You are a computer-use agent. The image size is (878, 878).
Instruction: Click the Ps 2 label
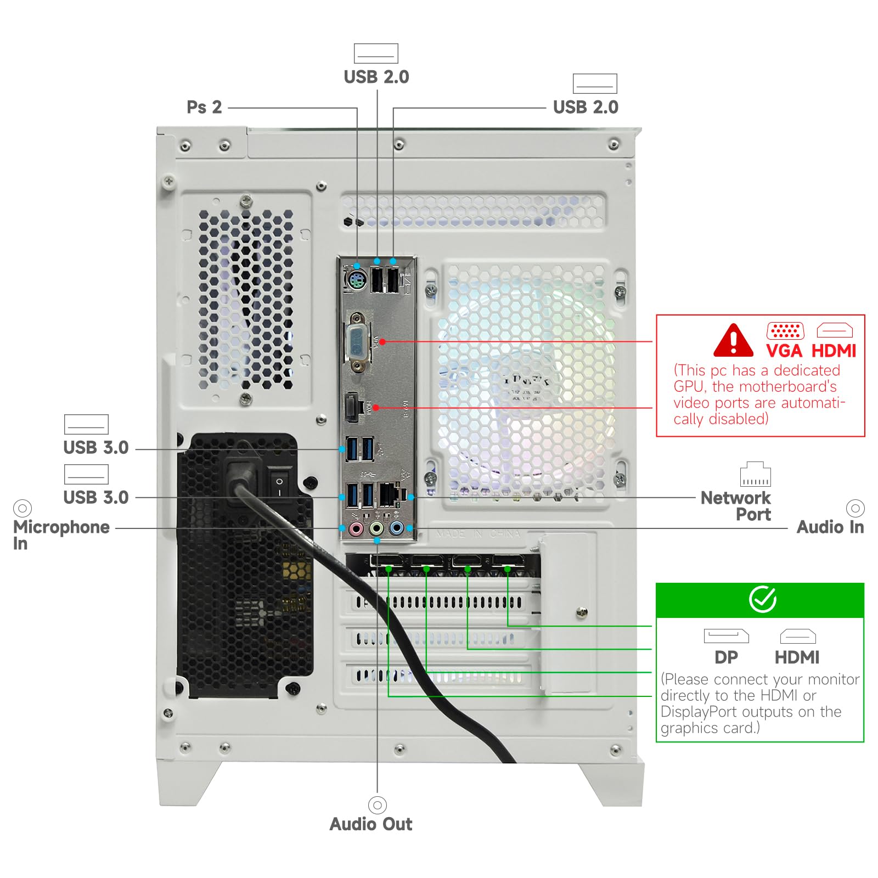(x=204, y=107)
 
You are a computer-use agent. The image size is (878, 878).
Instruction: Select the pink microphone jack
(x=356, y=529)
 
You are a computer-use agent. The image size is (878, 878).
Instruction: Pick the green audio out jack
(x=376, y=529)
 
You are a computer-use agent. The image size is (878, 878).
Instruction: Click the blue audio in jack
(x=396, y=529)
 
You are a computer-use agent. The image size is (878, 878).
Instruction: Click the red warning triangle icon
(x=733, y=341)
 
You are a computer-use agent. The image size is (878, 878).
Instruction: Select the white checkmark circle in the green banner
(x=762, y=599)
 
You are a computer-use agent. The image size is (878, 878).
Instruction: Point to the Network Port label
(x=736, y=506)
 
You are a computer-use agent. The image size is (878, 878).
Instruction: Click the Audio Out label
(x=371, y=824)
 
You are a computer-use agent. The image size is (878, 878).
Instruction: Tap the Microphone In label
(x=61, y=534)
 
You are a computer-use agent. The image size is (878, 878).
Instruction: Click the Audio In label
(x=830, y=527)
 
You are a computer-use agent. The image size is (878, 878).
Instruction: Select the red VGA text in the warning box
(x=784, y=351)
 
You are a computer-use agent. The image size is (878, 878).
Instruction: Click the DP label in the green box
(x=726, y=657)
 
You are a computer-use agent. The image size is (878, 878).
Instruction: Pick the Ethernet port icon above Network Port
(x=755, y=474)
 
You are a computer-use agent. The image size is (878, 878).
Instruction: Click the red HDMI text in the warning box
(x=834, y=351)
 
